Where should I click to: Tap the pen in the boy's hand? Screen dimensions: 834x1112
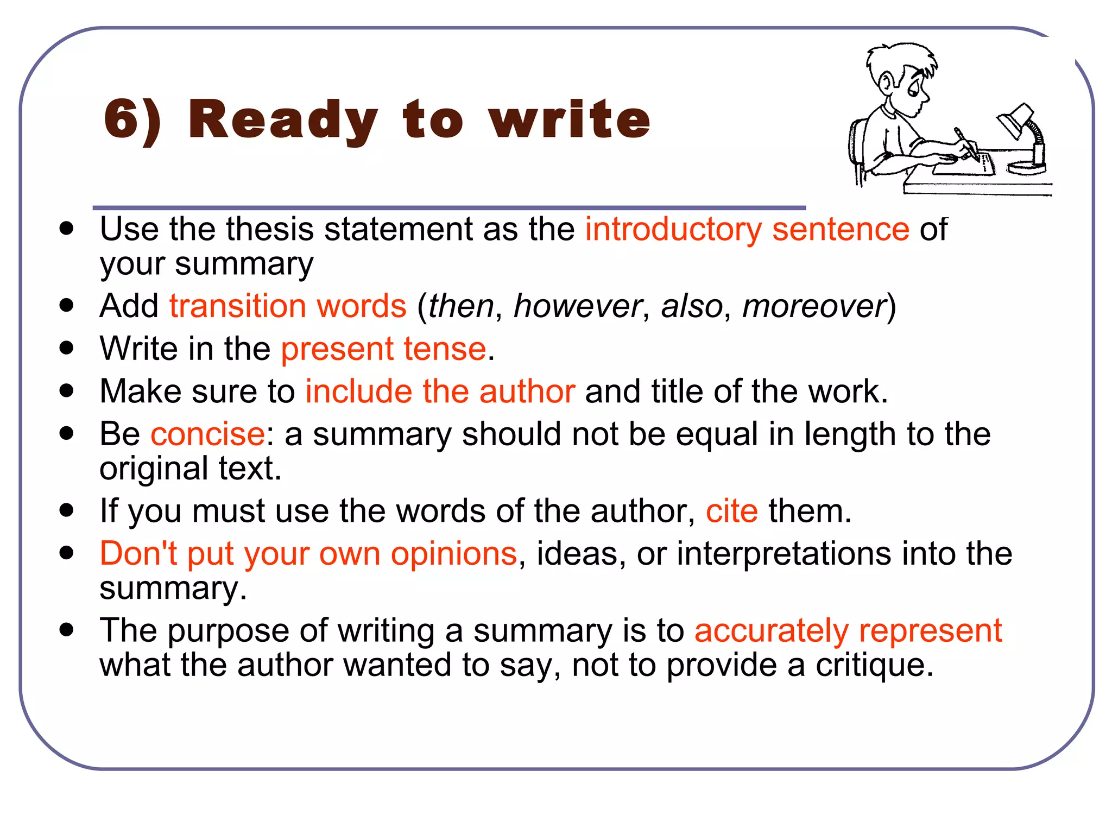pyautogui.click(x=966, y=143)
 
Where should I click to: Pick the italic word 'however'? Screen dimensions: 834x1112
pyautogui.click(x=577, y=306)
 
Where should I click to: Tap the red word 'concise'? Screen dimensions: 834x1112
pyautogui.click(x=208, y=434)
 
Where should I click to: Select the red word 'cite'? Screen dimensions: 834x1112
pyautogui.click(x=731, y=511)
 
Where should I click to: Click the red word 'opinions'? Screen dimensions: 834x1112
pyautogui.click(x=453, y=554)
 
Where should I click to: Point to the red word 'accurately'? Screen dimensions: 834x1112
pyautogui.click(x=771, y=631)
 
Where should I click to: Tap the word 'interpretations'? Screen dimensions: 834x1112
pyautogui.click(x=784, y=554)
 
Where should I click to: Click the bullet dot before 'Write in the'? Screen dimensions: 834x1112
pyautogui.click(x=67, y=348)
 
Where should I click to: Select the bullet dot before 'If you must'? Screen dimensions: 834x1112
pyautogui.click(x=67, y=511)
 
